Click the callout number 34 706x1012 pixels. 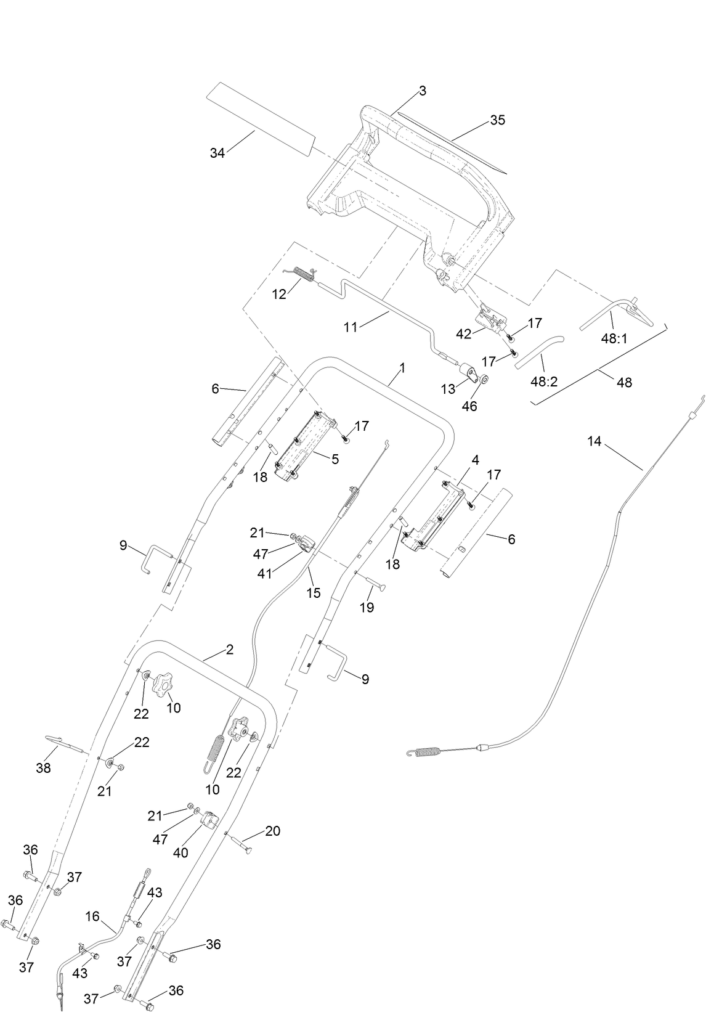pyautogui.click(x=217, y=153)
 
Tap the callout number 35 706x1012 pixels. pyautogui.click(x=497, y=120)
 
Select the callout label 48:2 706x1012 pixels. pyautogui.click(x=543, y=382)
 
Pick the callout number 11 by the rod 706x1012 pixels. pyautogui.click(x=351, y=327)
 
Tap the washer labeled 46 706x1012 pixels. pyautogui.click(x=484, y=379)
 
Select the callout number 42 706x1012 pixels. pyautogui.click(x=463, y=333)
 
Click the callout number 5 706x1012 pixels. pyautogui.click(x=335, y=459)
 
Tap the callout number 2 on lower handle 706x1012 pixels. pyautogui.click(x=229, y=650)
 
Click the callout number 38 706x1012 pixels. pyautogui.click(x=44, y=768)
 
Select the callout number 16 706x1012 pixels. pyautogui.click(x=92, y=916)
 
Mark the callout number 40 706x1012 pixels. pyautogui.click(x=181, y=853)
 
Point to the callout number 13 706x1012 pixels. pyautogui.click(x=448, y=390)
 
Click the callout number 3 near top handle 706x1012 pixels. pyautogui.click(x=422, y=91)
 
